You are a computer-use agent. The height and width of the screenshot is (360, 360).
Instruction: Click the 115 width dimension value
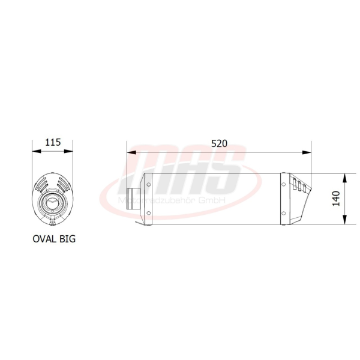(53, 143)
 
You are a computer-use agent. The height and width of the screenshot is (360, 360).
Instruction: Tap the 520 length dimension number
(220, 144)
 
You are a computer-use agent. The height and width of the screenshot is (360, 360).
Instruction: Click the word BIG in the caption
(67, 238)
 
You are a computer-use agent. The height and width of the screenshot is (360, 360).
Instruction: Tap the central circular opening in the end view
(52, 202)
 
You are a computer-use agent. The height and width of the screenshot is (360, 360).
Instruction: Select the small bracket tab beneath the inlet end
(142, 224)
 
